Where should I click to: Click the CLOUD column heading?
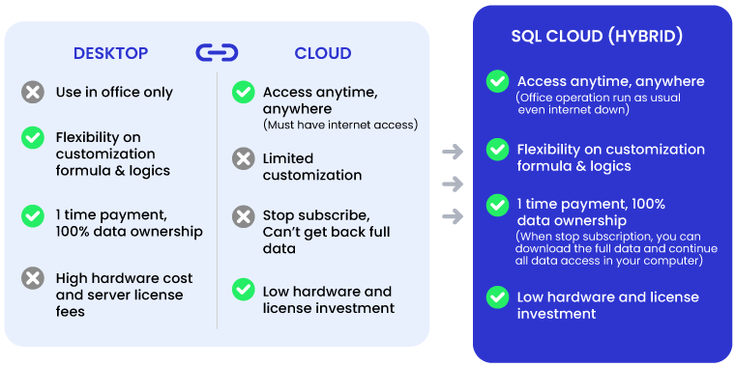tap(323, 53)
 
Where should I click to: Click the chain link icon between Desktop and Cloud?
tap(217, 53)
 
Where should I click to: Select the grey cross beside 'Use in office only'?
tap(33, 93)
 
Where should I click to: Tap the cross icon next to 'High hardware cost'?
tap(33, 278)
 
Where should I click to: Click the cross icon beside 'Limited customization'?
tap(244, 158)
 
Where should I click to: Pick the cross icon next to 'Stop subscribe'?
tap(244, 215)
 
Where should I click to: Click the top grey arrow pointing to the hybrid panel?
tap(452, 152)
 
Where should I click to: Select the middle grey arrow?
tap(452, 184)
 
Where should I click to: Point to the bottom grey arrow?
tap(452, 216)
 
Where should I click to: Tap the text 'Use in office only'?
tap(114, 93)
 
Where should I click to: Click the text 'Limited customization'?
tap(312, 166)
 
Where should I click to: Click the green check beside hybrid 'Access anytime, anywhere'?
tap(497, 81)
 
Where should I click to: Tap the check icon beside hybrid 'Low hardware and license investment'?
tap(497, 297)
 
